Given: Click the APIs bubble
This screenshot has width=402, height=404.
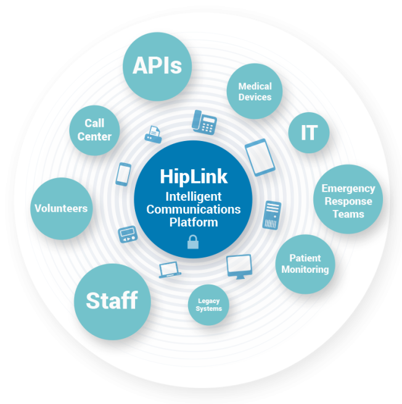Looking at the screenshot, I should click(157, 66).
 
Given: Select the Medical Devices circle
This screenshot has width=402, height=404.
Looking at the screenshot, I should click(255, 92).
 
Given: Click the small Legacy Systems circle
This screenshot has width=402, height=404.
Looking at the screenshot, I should click(209, 305).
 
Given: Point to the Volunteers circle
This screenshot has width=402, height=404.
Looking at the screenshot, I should click(61, 208).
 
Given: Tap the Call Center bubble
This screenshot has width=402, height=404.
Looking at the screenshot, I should click(94, 130).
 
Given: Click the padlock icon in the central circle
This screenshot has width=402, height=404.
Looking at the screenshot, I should click(193, 241).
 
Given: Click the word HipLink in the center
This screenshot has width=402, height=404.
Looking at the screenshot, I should click(194, 177).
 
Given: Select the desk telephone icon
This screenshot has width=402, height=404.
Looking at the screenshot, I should click(204, 121).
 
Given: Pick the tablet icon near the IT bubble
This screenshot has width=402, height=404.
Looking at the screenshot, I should click(260, 157).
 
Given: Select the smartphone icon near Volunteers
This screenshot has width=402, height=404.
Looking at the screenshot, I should click(123, 174).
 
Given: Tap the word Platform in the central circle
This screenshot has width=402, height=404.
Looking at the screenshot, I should click(194, 222).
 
